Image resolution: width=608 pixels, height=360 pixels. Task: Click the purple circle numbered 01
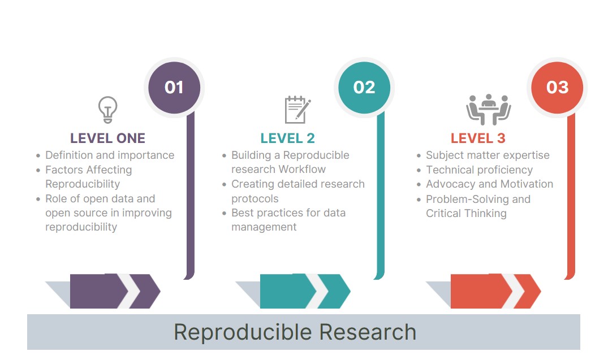tap(174, 88)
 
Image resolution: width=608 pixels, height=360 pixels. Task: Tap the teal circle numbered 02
tap(364, 88)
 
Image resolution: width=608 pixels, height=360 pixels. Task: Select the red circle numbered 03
tap(557, 88)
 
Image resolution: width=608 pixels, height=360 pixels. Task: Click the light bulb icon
tap(107, 110)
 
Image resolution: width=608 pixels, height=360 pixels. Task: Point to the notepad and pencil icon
tap(297, 110)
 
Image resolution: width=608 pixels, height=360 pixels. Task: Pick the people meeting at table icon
tap(488, 110)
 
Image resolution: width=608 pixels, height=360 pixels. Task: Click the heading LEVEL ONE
tap(107, 138)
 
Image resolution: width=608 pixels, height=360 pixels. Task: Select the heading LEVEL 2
tap(287, 138)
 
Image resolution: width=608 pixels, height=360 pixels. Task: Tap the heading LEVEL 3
tap(478, 138)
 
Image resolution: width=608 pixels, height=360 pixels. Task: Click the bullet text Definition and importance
tap(110, 155)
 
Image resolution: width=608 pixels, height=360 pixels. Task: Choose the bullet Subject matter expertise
tap(488, 155)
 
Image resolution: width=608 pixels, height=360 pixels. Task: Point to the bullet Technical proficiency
tap(479, 170)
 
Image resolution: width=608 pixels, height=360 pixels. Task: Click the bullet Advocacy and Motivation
tap(489, 184)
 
